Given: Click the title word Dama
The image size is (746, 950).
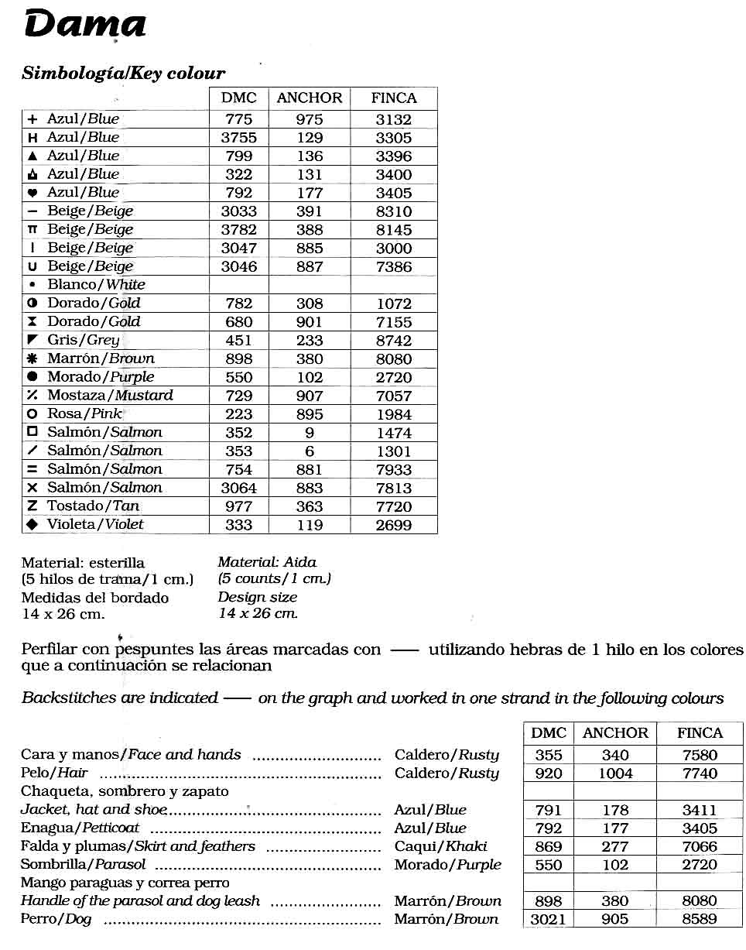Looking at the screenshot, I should click(x=85, y=25).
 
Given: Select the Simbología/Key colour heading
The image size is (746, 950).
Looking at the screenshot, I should click(x=123, y=74).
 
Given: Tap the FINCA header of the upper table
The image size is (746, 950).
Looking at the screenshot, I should click(x=393, y=98).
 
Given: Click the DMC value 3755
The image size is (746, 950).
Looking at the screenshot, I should click(x=238, y=138).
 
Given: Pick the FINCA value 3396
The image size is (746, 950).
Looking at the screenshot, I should click(x=393, y=156).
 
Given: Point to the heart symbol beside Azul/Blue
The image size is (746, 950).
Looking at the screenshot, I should click(x=33, y=193).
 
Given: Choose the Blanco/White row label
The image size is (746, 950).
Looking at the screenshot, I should click(x=96, y=285).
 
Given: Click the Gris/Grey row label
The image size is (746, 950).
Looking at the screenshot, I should click(x=84, y=340).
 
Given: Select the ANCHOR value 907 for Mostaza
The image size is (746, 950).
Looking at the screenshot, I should click(x=310, y=396).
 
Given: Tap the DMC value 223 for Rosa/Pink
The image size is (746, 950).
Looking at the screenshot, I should click(x=238, y=414).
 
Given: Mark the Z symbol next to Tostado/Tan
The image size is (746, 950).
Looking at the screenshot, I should click(x=33, y=506).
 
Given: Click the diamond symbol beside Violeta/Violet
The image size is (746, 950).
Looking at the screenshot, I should click(x=33, y=524).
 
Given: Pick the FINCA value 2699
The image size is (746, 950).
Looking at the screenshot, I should click(x=393, y=525).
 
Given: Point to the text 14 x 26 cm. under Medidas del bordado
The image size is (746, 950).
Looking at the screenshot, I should click(x=63, y=614).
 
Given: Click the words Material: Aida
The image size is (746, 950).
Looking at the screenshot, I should click(x=267, y=563).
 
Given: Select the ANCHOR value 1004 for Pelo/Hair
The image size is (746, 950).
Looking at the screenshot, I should click(x=615, y=773).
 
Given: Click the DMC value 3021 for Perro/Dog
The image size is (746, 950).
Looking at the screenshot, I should click(x=548, y=920).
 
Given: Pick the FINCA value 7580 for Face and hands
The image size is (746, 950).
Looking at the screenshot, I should click(x=700, y=755).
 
